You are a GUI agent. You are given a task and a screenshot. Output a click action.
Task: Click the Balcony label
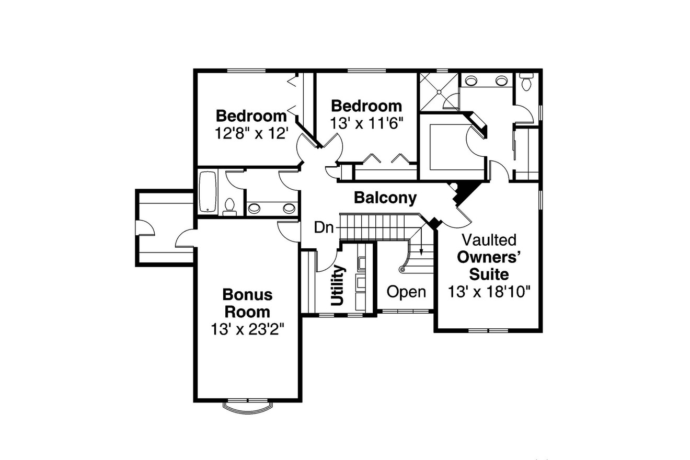385,198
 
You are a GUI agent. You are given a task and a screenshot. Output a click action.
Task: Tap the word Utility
338,285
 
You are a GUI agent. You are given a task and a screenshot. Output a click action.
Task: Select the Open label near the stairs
406,292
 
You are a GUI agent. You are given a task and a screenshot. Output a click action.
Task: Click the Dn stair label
324,227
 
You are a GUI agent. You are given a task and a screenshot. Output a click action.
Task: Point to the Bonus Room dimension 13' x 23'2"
248,329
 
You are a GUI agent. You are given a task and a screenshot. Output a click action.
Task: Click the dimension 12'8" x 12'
252,133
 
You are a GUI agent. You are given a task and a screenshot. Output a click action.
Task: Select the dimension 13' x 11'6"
367,123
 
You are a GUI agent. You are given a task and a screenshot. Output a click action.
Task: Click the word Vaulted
489,240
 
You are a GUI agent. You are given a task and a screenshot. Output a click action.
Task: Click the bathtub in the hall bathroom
208,192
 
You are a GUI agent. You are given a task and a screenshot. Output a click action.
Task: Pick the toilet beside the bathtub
229,207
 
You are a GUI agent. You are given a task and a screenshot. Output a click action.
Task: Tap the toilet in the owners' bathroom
526,82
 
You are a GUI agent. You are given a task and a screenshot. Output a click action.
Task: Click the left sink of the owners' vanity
471,80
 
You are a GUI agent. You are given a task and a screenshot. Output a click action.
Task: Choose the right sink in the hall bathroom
289,209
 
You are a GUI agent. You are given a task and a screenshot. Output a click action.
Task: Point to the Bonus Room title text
248,303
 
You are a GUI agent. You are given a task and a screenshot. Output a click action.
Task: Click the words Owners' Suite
489,265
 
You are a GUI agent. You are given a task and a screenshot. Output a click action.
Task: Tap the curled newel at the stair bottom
402,270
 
